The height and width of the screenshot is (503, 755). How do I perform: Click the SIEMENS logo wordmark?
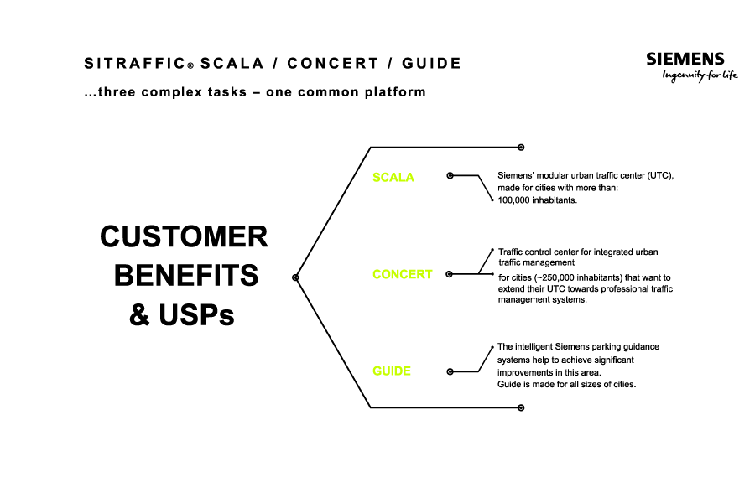click(x=685, y=59)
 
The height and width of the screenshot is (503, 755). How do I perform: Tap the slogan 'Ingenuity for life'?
click(x=700, y=75)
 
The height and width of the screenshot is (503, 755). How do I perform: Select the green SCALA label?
click(x=393, y=178)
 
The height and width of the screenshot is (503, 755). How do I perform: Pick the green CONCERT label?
click(x=403, y=274)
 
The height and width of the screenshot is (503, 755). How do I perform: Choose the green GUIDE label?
click(x=392, y=371)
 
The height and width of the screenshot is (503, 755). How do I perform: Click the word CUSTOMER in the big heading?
click(x=184, y=237)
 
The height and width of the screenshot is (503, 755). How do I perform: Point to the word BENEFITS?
click(x=186, y=276)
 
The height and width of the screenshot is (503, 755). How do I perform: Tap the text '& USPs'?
click(x=181, y=315)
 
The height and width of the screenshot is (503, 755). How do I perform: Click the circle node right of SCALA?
click(x=450, y=176)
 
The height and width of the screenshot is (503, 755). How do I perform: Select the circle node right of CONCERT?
click(x=450, y=274)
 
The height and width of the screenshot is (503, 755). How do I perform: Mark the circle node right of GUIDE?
click(x=450, y=371)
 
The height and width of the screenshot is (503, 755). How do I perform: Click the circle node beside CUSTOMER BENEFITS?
click(x=295, y=277)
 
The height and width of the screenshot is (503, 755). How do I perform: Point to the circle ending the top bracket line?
click(x=521, y=147)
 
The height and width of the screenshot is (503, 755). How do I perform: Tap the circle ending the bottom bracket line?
click(x=521, y=407)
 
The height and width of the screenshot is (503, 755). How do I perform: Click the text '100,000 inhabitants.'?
click(x=537, y=201)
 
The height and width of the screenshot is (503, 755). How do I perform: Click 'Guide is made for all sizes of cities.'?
click(x=566, y=384)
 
